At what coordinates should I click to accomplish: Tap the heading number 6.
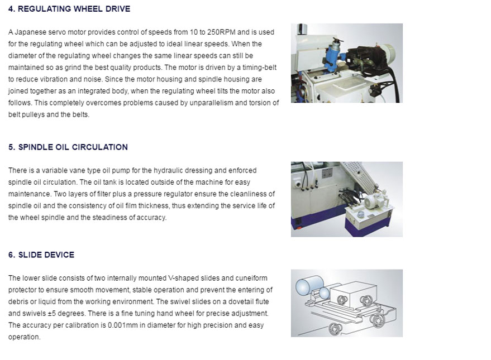coord(12,255)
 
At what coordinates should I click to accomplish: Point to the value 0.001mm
coord(122,325)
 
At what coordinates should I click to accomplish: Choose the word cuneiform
coord(251,278)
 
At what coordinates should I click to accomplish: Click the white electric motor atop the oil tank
coord(374,200)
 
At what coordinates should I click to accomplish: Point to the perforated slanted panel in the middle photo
coord(361,177)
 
